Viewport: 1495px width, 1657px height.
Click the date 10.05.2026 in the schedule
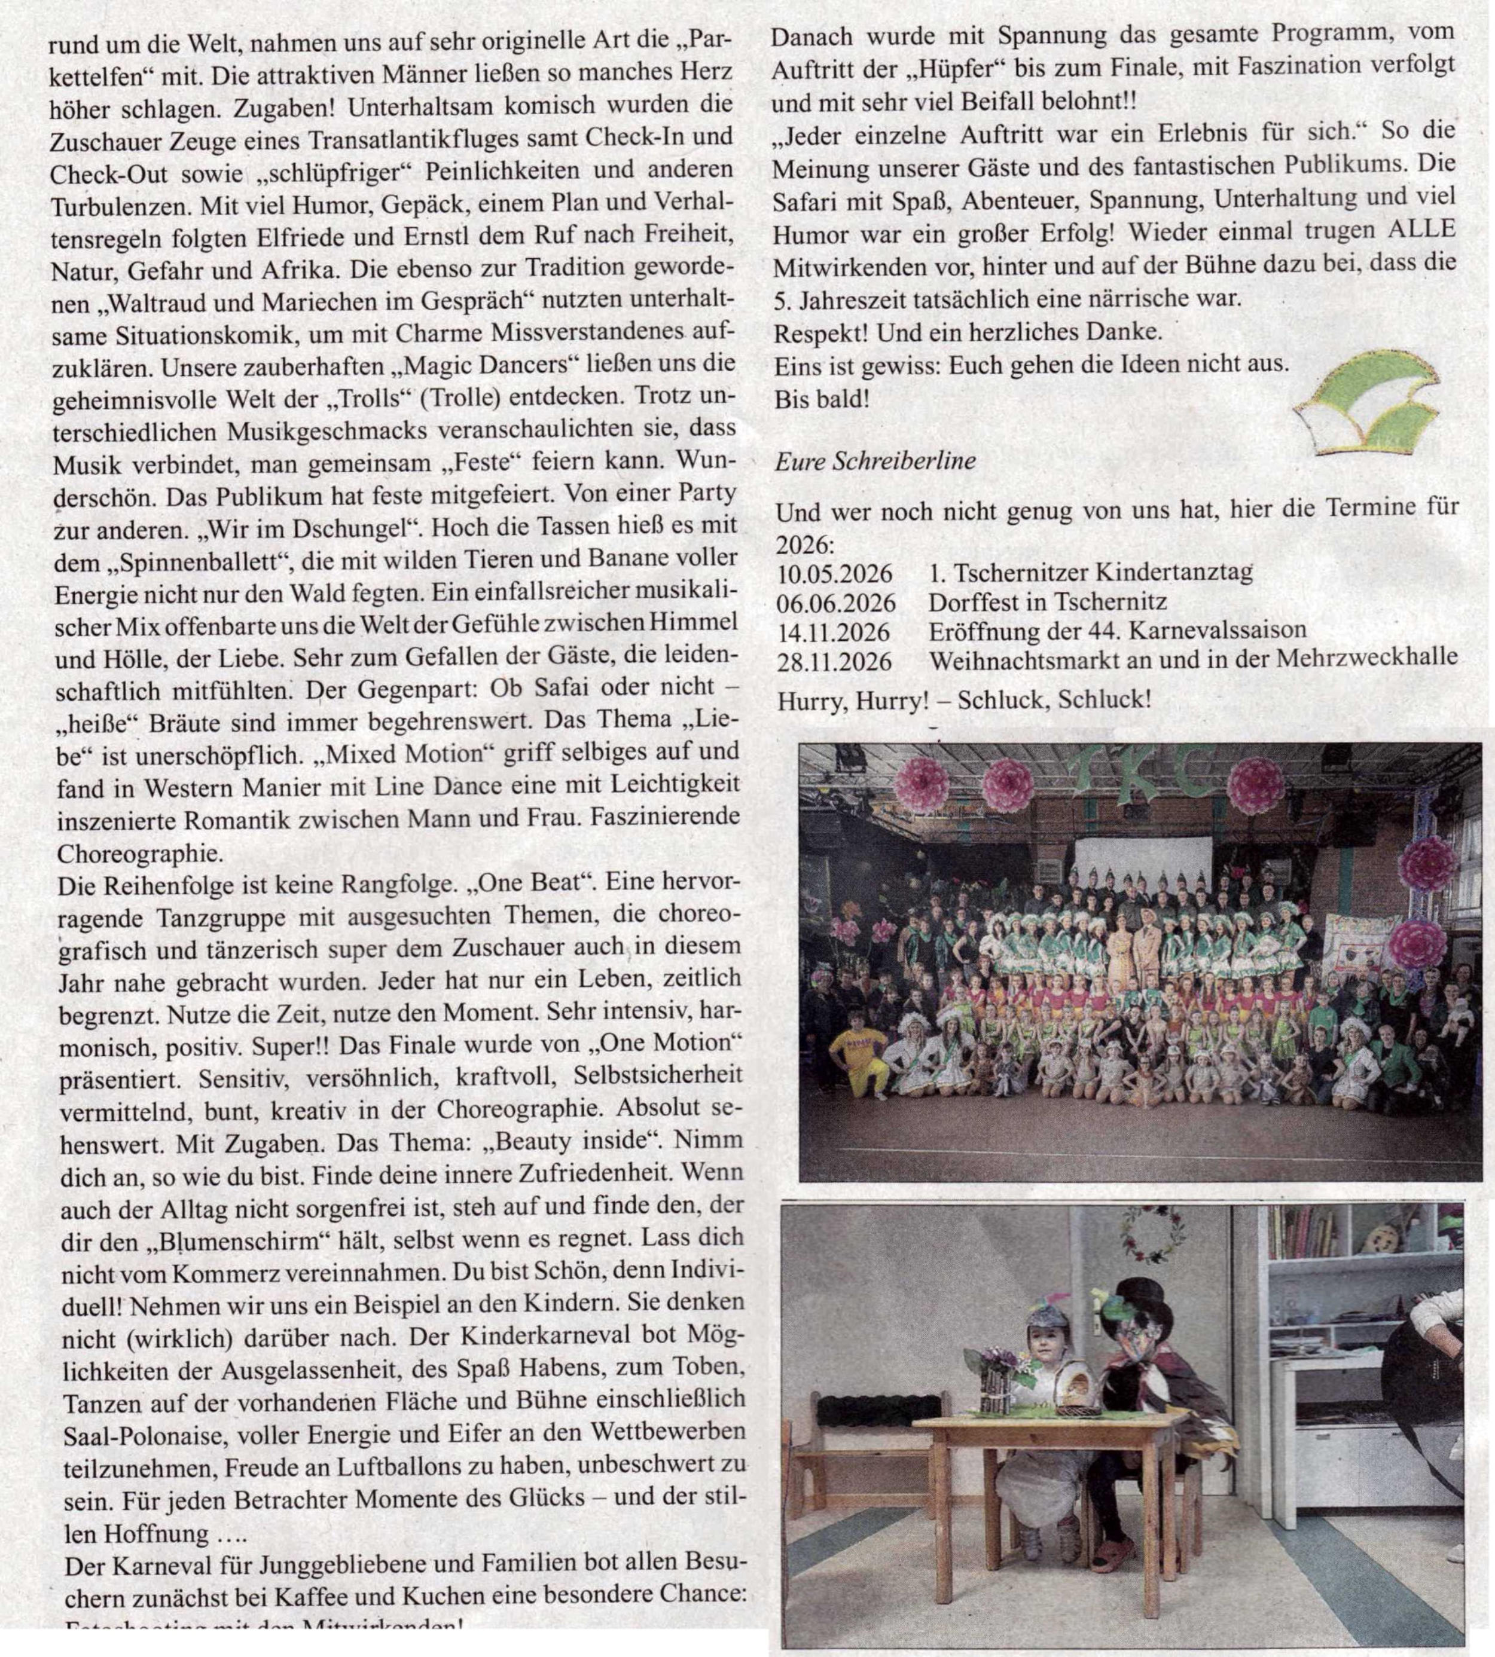point(834,572)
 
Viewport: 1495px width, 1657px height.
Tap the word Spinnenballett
point(207,562)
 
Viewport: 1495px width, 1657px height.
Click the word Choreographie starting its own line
point(140,853)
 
